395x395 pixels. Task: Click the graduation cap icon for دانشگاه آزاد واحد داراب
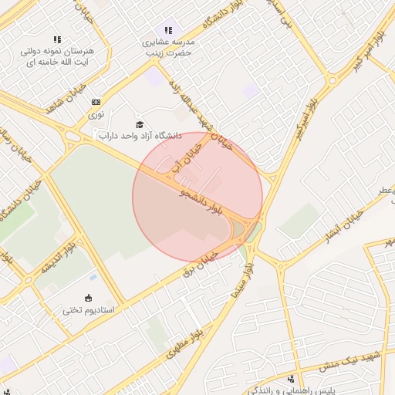coord(140,124)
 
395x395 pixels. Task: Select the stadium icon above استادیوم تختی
coord(88,298)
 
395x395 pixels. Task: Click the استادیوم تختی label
coord(88,310)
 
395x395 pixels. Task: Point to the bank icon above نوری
coord(96,102)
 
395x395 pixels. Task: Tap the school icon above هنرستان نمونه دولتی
coord(57,39)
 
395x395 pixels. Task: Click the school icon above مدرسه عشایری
coord(168,30)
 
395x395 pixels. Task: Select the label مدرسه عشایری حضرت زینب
coord(168,48)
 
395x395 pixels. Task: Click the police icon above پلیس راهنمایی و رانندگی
coord(292,379)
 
